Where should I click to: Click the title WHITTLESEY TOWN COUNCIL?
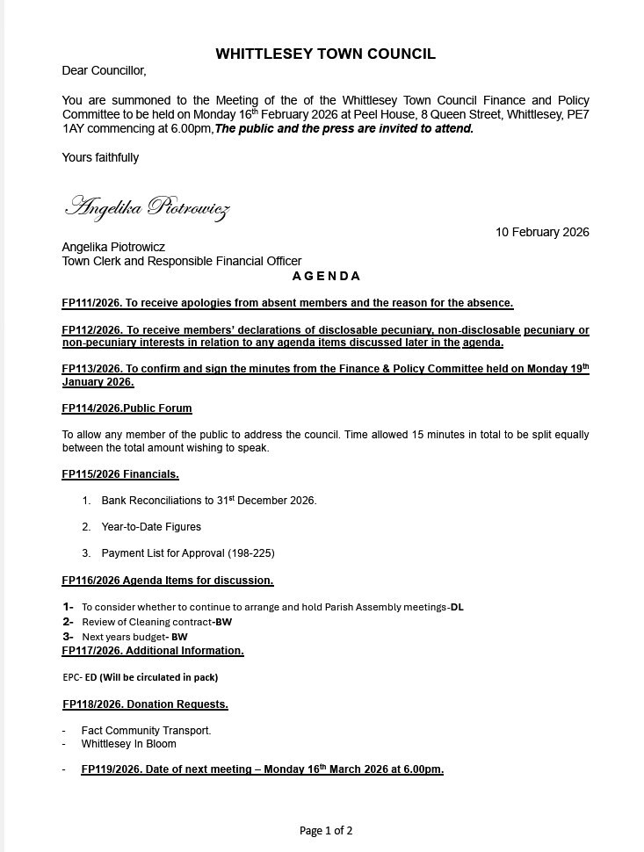325,54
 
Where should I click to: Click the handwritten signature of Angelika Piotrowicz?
148,207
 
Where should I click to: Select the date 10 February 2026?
542,232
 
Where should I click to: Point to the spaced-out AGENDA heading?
326,276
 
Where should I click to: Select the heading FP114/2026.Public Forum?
127,408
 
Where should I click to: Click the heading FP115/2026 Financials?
120,474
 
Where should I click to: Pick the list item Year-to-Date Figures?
151,527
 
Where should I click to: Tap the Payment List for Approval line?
188,553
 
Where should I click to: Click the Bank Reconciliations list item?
209,501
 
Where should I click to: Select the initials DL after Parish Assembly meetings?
456,607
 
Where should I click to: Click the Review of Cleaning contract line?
156,622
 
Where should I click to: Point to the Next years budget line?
134,637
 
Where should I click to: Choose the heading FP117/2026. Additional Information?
153,651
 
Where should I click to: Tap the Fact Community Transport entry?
146,730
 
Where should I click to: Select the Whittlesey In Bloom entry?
128,743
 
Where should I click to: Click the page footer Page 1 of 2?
326,830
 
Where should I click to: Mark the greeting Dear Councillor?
104,70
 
